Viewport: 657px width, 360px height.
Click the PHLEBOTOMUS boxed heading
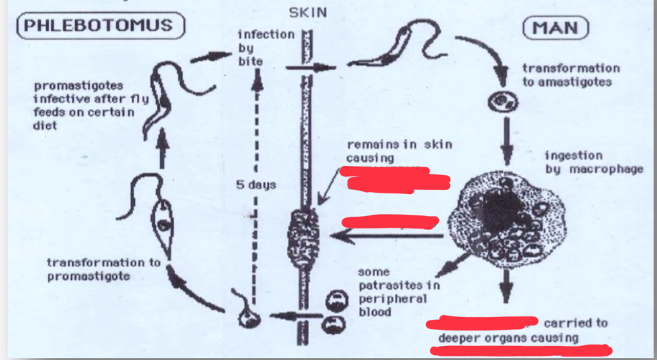coord(100,26)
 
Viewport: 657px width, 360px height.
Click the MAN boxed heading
coord(556,29)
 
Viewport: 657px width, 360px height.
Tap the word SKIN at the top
coord(307,13)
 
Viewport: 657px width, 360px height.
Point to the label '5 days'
coord(256,185)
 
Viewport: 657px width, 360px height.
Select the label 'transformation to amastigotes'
coord(570,75)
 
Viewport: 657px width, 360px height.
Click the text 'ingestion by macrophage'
coord(593,162)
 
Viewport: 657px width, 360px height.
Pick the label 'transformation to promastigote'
coord(103,269)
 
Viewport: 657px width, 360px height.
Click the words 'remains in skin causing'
coord(399,151)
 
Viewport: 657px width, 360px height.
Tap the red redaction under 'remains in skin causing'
coord(395,179)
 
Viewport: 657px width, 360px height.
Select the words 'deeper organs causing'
coord(508,337)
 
